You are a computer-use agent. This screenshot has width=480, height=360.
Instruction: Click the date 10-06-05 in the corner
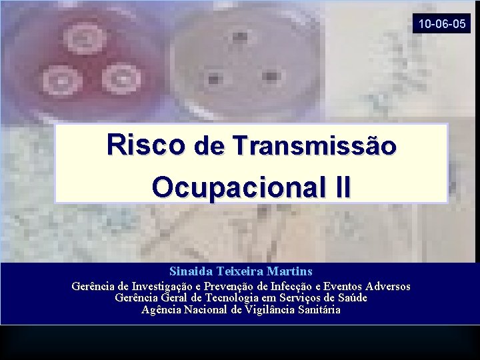(443, 24)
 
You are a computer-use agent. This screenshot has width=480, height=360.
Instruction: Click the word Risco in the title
(145, 144)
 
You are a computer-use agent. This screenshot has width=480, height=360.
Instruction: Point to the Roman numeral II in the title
(339, 187)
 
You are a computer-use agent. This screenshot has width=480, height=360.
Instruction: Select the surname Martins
(289, 271)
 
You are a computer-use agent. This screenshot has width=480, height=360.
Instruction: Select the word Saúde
(349, 298)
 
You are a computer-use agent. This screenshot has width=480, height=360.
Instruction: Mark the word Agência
(161, 309)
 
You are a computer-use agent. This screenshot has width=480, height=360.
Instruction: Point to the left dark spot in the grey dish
(215, 79)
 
